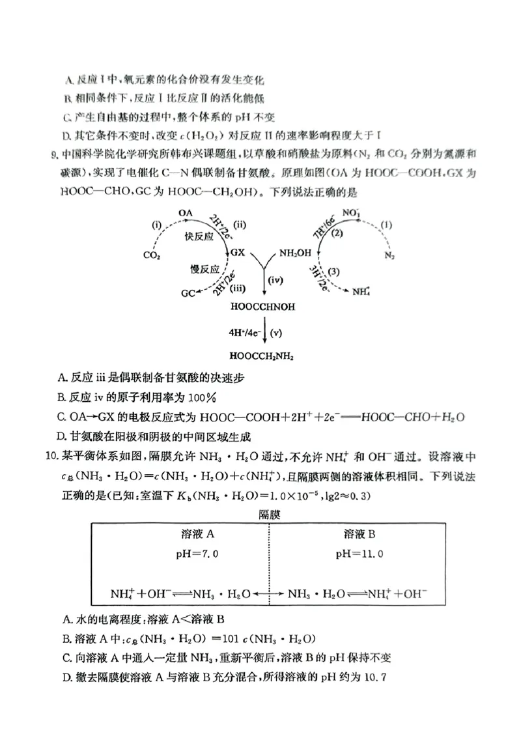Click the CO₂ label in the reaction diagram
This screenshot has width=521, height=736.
coord(152,255)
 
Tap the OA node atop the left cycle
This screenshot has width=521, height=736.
coord(186,212)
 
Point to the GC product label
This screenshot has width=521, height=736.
coord(188,294)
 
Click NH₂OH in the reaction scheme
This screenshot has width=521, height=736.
coord(295,252)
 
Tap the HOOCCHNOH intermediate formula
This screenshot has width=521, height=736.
coord(263,306)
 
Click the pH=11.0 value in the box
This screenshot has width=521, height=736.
coord(358,554)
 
